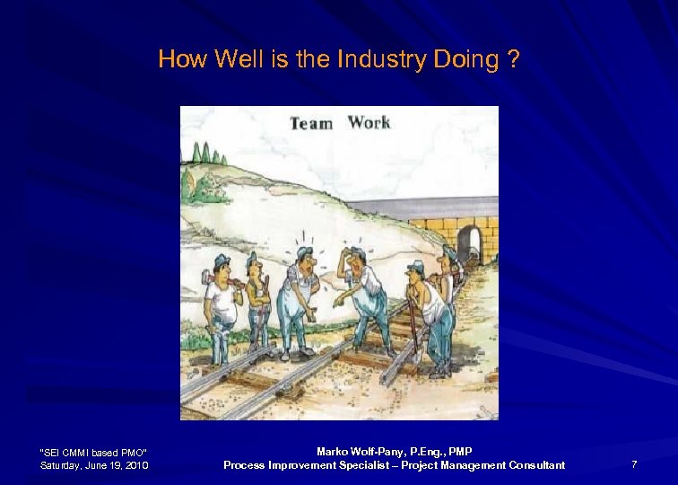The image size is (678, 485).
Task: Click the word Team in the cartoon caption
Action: (x=310, y=123)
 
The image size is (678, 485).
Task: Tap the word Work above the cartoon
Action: (x=369, y=121)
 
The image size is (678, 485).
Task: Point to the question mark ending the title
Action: (x=512, y=59)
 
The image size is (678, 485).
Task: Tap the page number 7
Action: (x=634, y=464)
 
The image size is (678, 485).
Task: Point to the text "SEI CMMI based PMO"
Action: (x=94, y=451)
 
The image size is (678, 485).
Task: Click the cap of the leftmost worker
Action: (x=222, y=260)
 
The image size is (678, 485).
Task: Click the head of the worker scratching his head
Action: (x=356, y=260)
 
